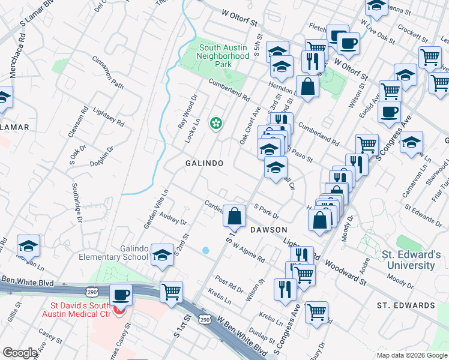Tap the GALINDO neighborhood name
[204, 163]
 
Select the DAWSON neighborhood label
[268, 230]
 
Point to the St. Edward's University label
[412, 260]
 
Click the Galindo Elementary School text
[113, 253]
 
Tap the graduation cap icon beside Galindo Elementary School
[162, 255]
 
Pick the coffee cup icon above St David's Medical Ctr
[121, 295]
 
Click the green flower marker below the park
[215, 124]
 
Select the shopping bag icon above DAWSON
[234, 215]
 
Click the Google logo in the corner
[20, 353]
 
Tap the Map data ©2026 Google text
[411, 355]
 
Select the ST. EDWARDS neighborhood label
[406, 305]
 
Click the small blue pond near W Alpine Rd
[206, 250]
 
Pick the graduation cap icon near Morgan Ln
[28, 245]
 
